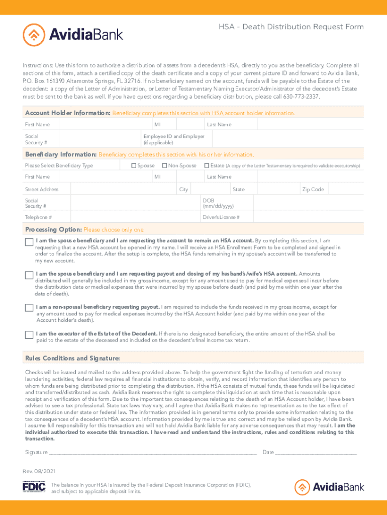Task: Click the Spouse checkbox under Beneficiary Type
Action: (134, 165)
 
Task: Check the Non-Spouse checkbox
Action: (164, 165)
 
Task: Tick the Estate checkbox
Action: (207, 165)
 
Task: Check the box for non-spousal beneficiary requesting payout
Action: (29, 308)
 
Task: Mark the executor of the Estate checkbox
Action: (29, 335)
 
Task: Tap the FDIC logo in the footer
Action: (34, 487)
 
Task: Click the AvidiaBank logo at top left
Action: (73, 35)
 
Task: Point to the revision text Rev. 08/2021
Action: (36, 471)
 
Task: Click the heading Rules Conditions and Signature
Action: (72, 358)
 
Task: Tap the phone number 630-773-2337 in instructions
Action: (300, 96)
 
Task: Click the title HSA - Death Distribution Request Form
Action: (291, 27)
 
